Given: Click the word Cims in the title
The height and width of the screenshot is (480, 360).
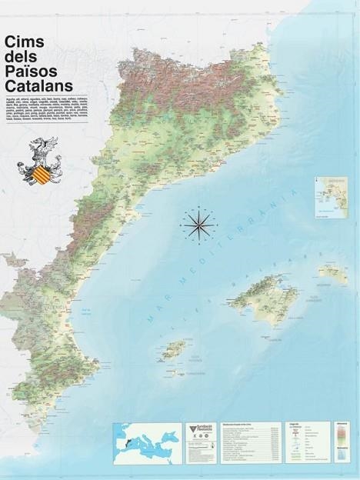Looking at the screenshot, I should click(x=24, y=42).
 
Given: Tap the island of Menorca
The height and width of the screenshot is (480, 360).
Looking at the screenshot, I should click(x=332, y=272).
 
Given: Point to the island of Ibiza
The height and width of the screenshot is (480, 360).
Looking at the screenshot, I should click(x=176, y=349).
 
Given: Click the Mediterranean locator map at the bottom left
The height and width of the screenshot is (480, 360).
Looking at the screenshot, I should click(x=147, y=442).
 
